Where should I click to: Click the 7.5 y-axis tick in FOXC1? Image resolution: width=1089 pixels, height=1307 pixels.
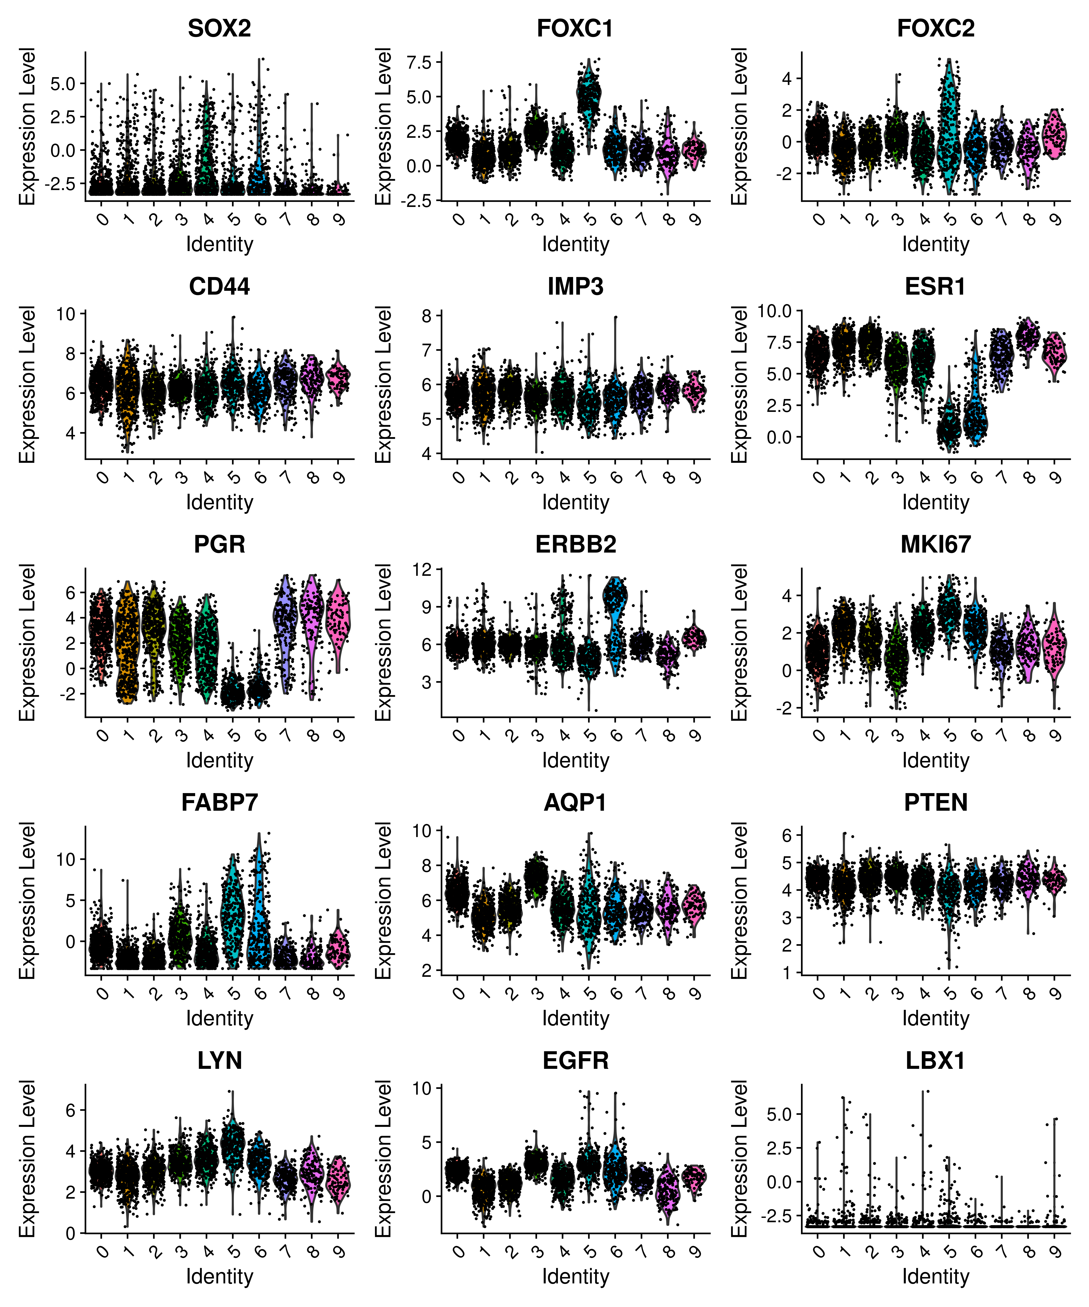click(419, 62)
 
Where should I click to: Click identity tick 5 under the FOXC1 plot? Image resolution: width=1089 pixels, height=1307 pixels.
click(590, 219)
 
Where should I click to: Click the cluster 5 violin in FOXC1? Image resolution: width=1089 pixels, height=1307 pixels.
click(589, 93)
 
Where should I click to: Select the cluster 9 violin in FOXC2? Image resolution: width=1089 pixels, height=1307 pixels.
click(1054, 134)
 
